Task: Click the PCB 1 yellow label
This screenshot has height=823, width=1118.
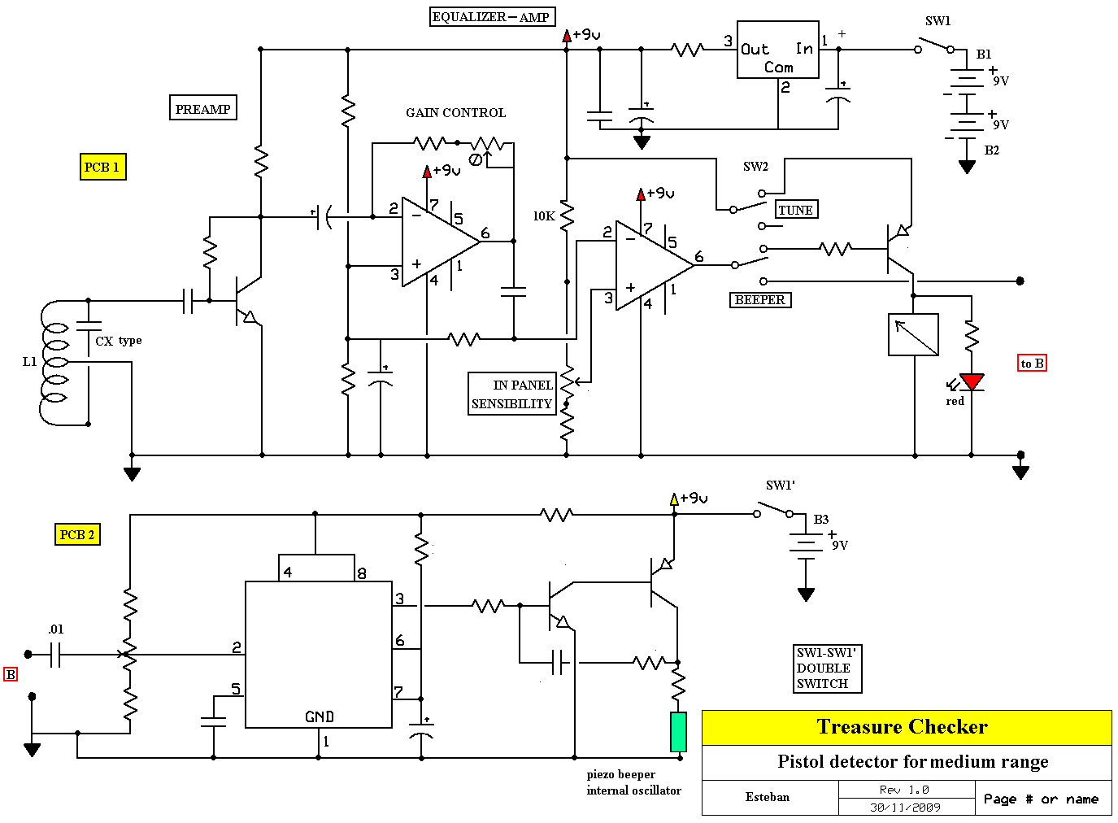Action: click(102, 167)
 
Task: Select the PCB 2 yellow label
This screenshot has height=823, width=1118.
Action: click(77, 534)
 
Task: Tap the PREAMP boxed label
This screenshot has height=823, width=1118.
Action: click(203, 108)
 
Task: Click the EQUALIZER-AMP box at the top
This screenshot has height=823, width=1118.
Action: click(492, 16)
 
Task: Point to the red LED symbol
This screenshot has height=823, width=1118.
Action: click(972, 382)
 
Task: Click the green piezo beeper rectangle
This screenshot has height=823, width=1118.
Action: click(678, 732)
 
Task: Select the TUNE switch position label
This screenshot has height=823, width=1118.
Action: click(795, 210)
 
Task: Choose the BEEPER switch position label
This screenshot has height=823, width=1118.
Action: click(760, 299)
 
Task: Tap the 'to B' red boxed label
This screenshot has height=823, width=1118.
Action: click(1032, 363)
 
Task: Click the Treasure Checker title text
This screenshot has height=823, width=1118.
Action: click(902, 727)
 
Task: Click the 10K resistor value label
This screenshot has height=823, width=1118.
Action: click(543, 216)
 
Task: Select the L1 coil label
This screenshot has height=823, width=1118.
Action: click(29, 361)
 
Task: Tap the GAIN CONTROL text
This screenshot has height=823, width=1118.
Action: click(455, 113)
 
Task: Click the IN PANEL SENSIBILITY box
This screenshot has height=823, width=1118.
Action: click(512, 394)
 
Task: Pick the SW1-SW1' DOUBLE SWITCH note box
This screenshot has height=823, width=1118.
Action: click(827, 668)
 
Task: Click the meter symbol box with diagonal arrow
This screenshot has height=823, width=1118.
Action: click(913, 334)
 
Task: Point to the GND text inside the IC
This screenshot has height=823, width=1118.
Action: click(319, 716)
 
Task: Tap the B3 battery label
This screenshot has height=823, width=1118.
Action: click(821, 519)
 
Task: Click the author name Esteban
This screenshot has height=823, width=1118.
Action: click(767, 796)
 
